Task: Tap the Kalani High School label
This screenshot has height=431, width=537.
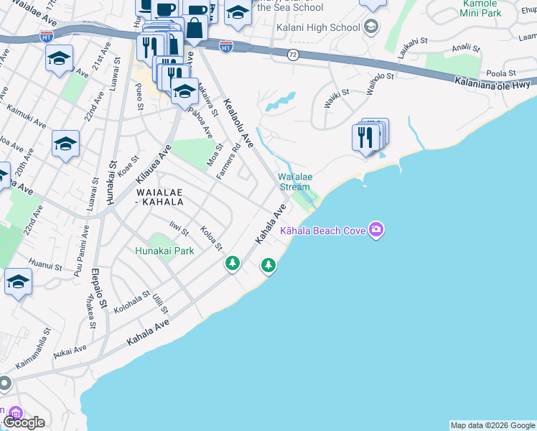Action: click(x=318, y=28)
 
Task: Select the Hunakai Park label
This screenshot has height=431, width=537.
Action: click(x=165, y=251)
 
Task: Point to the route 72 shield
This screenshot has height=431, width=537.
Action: click(x=293, y=55)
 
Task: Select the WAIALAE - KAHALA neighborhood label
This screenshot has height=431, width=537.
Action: click(x=159, y=198)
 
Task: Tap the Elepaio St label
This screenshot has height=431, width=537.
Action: click(x=100, y=289)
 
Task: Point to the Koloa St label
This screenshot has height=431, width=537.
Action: click(x=211, y=239)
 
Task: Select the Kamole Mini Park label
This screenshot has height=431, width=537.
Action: click(x=500, y=8)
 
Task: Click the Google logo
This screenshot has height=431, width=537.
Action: click(x=24, y=422)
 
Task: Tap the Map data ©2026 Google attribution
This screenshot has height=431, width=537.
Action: click(x=492, y=425)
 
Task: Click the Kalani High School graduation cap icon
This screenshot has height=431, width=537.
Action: click(x=371, y=27)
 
